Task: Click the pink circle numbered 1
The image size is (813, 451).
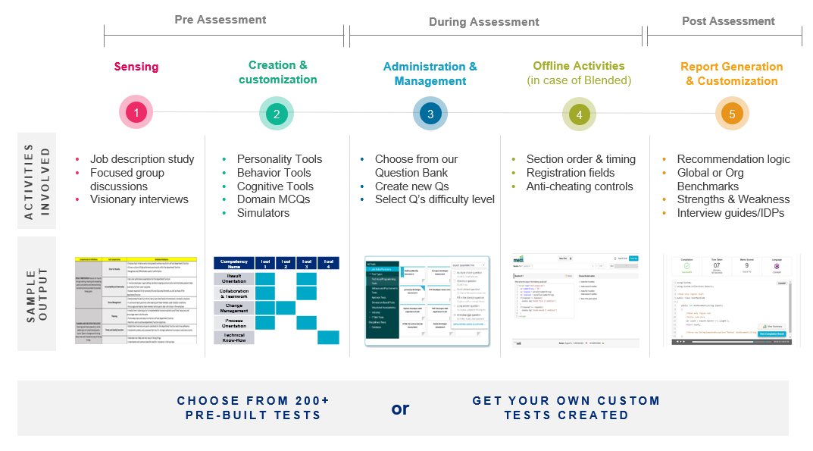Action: [x=136, y=114]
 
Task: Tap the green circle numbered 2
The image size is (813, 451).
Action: [x=277, y=114]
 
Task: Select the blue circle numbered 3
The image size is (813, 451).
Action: [x=430, y=114]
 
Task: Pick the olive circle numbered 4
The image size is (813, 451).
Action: [x=580, y=114]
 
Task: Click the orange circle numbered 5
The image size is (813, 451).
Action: [x=732, y=114]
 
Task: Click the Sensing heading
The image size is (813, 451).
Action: [x=136, y=67]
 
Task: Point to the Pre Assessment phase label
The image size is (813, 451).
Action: [x=220, y=20]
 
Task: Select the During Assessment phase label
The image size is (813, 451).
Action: [x=483, y=22]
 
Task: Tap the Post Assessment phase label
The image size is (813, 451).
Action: [x=728, y=21]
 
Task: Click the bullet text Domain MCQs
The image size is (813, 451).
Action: [x=273, y=199]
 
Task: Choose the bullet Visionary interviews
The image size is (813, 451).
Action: [x=139, y=199]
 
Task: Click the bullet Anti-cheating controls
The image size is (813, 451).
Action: [x=579, y=186]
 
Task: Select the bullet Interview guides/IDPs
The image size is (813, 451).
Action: [x=730, y=213]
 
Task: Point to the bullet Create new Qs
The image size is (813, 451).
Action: [x=413, y=186]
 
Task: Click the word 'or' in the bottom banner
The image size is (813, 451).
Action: [x=400, y=409]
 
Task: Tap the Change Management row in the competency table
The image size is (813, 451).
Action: [x=234, y=308]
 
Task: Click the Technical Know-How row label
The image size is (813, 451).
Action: [x=234, y=337]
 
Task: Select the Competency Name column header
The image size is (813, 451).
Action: [x=234, y=263]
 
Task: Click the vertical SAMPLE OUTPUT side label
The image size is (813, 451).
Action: [x=36, y=293]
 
